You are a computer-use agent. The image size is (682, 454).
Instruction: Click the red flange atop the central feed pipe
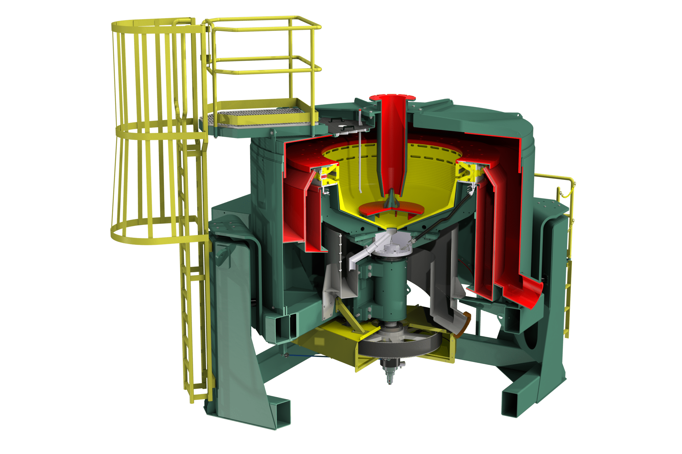[392, 97]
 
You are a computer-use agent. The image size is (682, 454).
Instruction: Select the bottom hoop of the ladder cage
[157, 238]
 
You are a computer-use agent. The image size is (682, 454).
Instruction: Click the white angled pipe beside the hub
[363, 253]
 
